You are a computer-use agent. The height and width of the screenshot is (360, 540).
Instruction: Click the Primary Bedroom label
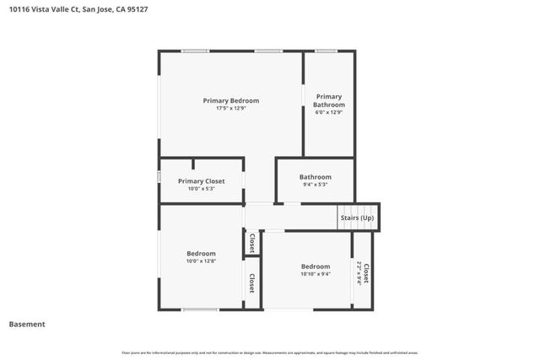pos(230,100)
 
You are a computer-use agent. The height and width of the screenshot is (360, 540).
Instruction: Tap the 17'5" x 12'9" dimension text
pos(230,108)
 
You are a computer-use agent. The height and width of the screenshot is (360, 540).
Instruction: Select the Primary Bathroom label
pos(329,100)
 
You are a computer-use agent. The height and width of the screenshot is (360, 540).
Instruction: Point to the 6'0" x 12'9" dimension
pos(329,112)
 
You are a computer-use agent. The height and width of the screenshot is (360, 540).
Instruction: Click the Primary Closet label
pos(201,180)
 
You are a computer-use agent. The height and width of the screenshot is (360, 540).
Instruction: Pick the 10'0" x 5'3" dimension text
pos(201,189)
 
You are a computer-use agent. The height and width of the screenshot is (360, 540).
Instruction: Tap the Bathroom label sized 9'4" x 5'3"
pos(316,177)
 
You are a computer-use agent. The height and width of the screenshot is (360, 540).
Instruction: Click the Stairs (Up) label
pos(356,218)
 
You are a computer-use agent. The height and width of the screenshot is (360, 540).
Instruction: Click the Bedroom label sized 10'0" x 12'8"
pos(201,253)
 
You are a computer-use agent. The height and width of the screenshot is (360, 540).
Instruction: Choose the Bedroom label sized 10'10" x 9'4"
pos(316,266)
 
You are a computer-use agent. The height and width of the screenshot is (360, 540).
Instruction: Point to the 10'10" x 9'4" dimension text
pos(316,274)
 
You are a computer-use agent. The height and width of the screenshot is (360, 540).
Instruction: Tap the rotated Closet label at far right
pos(366,272)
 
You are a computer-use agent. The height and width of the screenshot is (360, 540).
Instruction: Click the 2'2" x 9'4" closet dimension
pos(359,272)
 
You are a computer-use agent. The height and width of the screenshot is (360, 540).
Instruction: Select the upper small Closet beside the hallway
pos(251,243)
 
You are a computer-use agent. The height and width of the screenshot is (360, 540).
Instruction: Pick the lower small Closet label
pos(251,282)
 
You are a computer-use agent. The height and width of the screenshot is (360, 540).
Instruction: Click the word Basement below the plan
pos(27,324)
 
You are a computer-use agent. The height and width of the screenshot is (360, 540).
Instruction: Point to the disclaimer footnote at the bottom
pos(270,352)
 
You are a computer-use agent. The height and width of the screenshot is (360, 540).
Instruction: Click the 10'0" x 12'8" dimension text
pos(201,261)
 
